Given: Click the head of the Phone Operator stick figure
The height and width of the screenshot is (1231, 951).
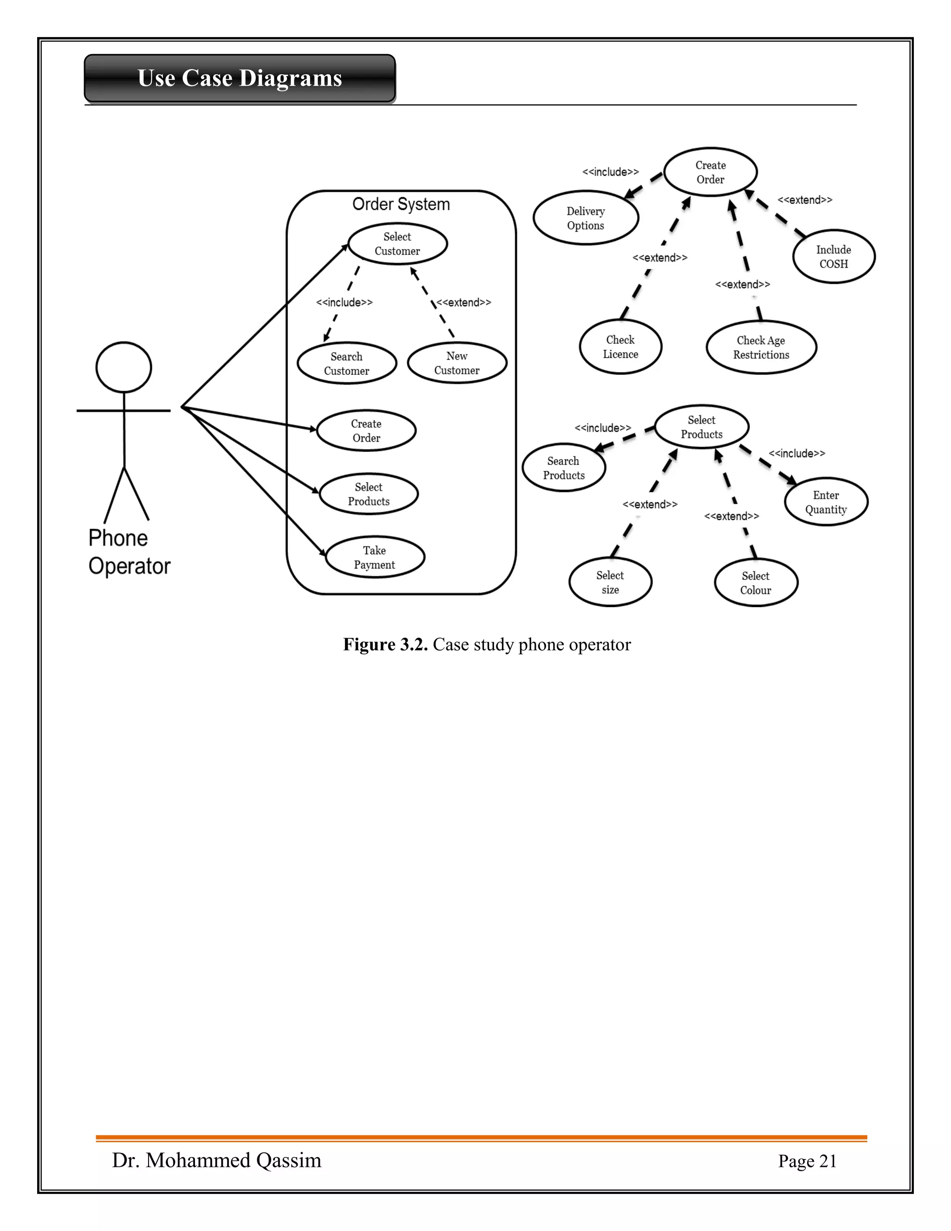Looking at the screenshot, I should [124, 367].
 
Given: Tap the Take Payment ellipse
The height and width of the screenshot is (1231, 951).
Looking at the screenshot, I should [375, 557].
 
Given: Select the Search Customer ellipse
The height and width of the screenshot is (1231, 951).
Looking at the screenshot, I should [346, 364].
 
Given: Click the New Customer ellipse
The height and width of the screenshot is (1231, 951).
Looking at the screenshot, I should [457, 363].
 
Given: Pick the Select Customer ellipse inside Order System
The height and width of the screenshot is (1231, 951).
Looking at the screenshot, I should [397, 244].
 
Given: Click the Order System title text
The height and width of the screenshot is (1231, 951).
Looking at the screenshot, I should [401, 204].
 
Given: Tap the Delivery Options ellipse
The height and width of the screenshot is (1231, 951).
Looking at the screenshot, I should [586, 218].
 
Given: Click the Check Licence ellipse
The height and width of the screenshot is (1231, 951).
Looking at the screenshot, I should [620, 347].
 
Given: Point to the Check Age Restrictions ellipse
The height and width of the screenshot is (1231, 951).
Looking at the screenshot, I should [761, 347].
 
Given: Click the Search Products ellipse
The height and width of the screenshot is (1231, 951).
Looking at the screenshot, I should [563, 468].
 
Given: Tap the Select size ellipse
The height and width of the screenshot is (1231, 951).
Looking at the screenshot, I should [610, 582].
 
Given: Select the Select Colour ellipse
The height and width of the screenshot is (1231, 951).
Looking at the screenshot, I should [756, 583].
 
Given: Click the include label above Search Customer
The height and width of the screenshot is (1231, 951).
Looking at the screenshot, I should [344, 303].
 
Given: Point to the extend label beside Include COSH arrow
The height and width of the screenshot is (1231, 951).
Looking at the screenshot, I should [805, 200].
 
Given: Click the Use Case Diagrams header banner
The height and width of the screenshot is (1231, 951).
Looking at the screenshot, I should [240, 79].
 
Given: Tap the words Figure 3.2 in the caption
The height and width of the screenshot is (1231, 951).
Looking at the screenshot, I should [385, 644].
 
